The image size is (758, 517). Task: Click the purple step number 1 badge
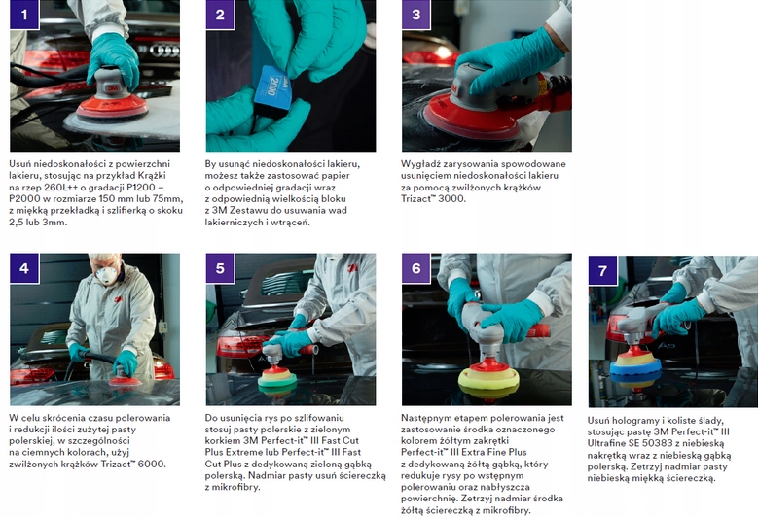[x=24, y=15]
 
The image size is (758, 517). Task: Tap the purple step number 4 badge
[x=24, y=268]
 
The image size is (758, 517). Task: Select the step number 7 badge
[x=603, y=270]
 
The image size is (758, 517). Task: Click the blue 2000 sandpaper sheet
[x=273, y=88]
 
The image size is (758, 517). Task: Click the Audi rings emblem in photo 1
[x=164, y=50]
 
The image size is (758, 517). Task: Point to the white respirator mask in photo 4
[x=107, y=275]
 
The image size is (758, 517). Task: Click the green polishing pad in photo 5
[x=277, y=380]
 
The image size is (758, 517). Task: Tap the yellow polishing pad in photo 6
[x=488, y=378]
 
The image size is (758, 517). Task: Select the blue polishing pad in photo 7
[x=635, y=369]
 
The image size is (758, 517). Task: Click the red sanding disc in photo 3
[x=466, y=118]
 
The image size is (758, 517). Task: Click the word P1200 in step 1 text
[x=142, y=188]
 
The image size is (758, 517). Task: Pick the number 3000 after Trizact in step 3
[x=452, y=199]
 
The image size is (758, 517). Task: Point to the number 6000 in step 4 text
[x=152, y=465]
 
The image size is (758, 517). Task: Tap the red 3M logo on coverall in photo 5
[x=353, y=268]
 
